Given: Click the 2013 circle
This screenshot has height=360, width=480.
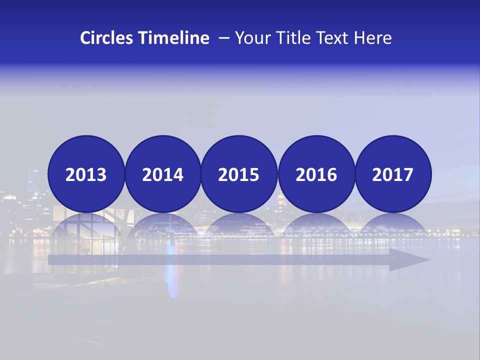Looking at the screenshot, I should tap(86, 174).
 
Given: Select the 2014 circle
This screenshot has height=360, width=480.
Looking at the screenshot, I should tap(162, 174).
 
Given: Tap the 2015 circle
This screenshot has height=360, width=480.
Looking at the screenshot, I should tap(239, 174).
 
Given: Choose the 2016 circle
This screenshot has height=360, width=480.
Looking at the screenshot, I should tap(316, 174).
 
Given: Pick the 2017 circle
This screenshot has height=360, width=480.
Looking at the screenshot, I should tap(392, 174).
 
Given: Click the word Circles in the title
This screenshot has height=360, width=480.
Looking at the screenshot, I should tap(107, 38).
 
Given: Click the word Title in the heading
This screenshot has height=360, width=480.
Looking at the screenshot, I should tap(295, 38).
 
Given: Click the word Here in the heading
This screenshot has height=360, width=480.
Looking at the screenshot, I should tap(373, 38).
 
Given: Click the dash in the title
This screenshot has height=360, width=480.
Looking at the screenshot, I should tap(223, 38).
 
